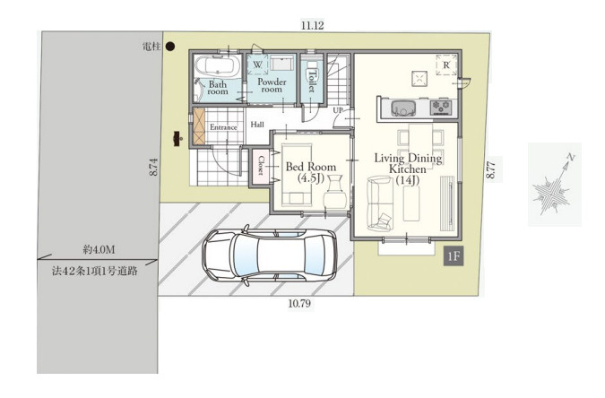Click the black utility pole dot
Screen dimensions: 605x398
170,47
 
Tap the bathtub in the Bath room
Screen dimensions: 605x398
217,66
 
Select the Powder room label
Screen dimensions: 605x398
272,85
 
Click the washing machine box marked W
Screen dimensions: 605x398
257,65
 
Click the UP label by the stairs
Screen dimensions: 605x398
338,110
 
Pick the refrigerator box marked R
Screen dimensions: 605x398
446,65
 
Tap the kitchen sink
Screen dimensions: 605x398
403,108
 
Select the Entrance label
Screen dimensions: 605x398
223,127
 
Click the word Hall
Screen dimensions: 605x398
257,125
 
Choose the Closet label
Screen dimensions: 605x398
261,166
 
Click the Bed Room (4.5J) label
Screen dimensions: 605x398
311,172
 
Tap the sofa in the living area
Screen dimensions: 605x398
380,203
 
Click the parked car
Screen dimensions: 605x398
270,255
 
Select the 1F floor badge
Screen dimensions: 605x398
454,256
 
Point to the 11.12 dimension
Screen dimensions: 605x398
313,26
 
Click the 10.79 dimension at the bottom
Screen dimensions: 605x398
299,303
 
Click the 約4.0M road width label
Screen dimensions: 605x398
99,250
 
